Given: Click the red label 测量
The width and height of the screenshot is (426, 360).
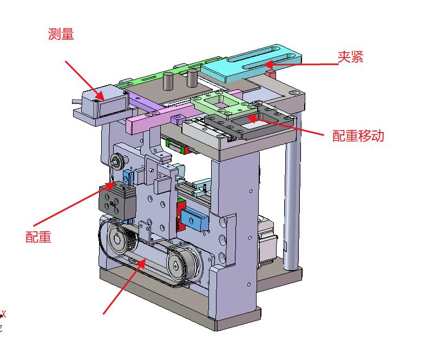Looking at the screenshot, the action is point(61,34).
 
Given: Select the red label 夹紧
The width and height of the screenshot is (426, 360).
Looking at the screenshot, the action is point(350,57).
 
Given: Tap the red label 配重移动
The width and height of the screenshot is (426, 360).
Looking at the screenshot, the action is point(358,135).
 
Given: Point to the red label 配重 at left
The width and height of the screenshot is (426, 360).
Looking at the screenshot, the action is point(38,237).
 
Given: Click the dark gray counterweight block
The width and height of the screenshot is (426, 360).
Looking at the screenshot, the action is point(117,200).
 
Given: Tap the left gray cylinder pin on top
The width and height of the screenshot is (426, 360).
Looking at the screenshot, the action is point(168,81).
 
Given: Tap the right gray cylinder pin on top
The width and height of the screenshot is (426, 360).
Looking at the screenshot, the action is point(192,78).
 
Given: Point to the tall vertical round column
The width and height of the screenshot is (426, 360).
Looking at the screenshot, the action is point(292,190).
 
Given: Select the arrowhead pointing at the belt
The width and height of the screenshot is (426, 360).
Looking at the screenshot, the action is point(141,264).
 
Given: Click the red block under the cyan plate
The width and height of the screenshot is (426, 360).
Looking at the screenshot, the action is point(271,74).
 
